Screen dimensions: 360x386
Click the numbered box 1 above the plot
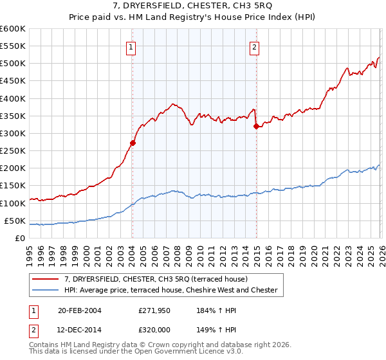click(x=131, y=46)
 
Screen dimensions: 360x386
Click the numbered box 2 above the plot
click(x=255, y=46)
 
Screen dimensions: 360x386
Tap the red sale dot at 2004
click(x=133, y=143)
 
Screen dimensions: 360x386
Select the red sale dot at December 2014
click(x=256, y=127)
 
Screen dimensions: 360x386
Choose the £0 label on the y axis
click(x=21, y=238)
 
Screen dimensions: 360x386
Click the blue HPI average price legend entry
click(x=170, y=291)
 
